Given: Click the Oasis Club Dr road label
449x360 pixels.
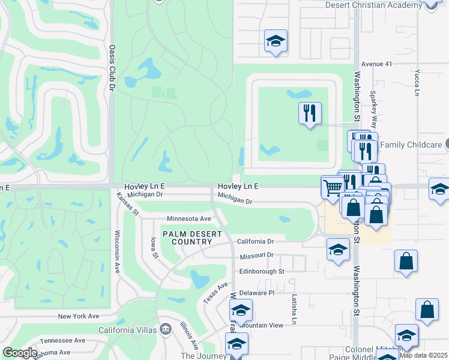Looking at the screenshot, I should [x=112, y=67].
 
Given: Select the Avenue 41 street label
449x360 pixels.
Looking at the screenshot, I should [x=376, y=64].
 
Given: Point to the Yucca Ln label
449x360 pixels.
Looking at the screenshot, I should [x=417, y=83].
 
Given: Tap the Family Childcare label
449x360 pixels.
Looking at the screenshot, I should [x=411, y=145].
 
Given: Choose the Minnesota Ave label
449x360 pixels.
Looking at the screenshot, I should [x=189, y=218].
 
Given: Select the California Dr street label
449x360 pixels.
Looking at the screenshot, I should [x=255, y=241].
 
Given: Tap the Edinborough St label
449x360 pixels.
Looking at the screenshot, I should [x=261, y=271].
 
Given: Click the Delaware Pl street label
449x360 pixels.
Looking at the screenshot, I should [x=256, y=293].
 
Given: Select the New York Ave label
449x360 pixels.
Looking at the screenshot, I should [x=78, y=316].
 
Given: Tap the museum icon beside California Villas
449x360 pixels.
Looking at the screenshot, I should [x=166, y=329].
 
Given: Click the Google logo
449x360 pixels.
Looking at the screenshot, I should [x=20, y=353].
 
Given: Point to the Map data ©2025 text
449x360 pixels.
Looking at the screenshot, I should [x=424, y=355].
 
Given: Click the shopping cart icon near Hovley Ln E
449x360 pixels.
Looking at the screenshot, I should [x=332, y=187].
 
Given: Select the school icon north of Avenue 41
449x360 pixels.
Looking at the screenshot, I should [x=276, y=41].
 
